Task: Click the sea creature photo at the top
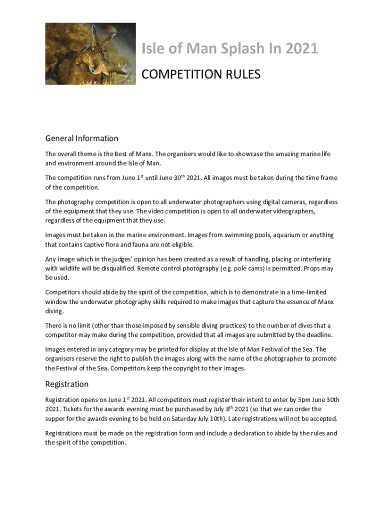pyautogui.click(x=90, y=53)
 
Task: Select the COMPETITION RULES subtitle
pyautogui.click(x=201, y=74)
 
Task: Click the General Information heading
pyautogui.click(x=81, y=138)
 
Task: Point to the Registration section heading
pyautogui.click(x=66, y=384)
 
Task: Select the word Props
pyautogui.click(x=312, y=268)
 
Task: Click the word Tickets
pyautogui.click(x=71, y=409)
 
